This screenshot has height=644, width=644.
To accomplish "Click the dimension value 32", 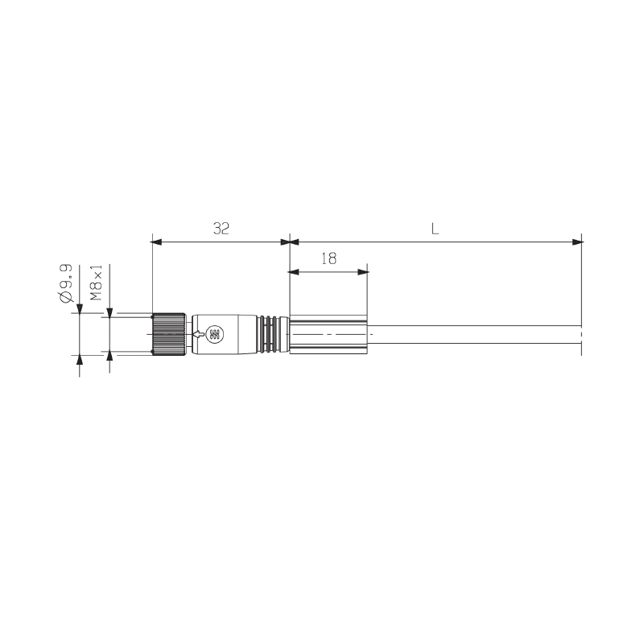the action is tap(221, 229).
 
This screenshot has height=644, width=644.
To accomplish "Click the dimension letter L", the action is tap(435, 229).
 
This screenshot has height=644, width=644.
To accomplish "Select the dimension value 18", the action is tap(328, 258).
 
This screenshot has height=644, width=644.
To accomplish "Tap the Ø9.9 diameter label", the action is tap(66, 283).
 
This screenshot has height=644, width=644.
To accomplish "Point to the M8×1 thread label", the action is tap(96, 283).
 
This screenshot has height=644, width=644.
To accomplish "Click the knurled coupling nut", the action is tap(168, 334).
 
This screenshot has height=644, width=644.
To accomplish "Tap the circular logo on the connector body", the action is tap(215, 334).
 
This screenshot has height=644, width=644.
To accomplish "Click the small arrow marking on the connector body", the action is tap(198, 334).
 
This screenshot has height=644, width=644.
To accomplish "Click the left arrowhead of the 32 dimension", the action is tap(156, 242).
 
